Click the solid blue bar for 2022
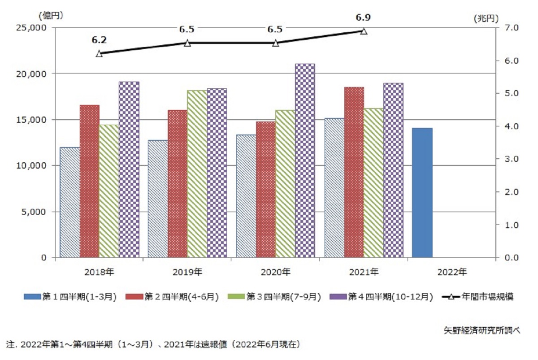click(422, 193)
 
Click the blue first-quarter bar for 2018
click(69, 202)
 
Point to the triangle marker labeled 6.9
click(364, 31)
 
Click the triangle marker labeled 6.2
click(99, 53)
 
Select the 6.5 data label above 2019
click(187, 30)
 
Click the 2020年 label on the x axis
click(275, 272)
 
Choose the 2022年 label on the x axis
click(451, 272)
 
